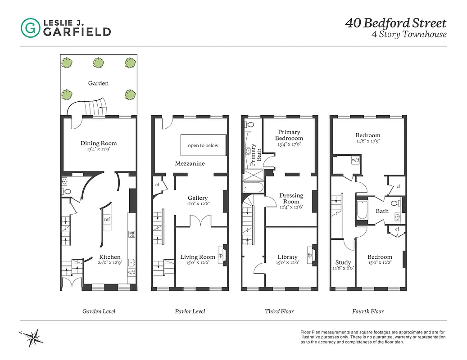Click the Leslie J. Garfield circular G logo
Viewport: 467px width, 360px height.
coord(30,28)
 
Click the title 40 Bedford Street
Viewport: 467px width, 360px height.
coord(395,23)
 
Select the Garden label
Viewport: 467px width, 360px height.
coord(98,83)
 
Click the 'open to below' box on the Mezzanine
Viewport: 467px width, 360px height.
coord(203,145)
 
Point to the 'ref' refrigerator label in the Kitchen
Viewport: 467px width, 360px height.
coord(107,220)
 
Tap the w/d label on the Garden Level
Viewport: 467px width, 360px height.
coord(131,273)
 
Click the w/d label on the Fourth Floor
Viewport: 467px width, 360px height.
coord(355,160)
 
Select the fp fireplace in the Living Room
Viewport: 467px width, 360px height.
coord(221,255)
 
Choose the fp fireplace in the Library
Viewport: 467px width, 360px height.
coord(310,255)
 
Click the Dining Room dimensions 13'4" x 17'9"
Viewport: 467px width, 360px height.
coord(99,150)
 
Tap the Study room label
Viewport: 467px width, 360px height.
coord(343,262)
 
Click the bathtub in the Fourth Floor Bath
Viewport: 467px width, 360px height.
coord(362,211)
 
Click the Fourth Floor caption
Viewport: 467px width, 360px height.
coord(368,311)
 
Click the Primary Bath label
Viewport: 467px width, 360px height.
coord(256,153)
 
